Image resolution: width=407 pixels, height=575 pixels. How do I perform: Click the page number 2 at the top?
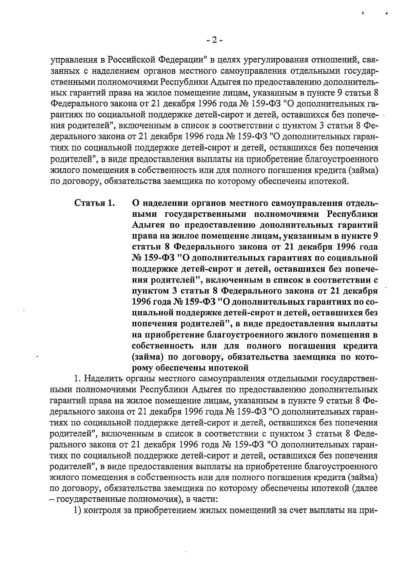pyautogui.click(x=214, y=40)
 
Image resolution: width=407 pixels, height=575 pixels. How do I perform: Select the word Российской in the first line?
pyautogui.click(x=131, y=61)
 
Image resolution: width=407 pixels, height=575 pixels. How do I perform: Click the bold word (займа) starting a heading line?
pyautogui.click(x=147, y=357)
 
